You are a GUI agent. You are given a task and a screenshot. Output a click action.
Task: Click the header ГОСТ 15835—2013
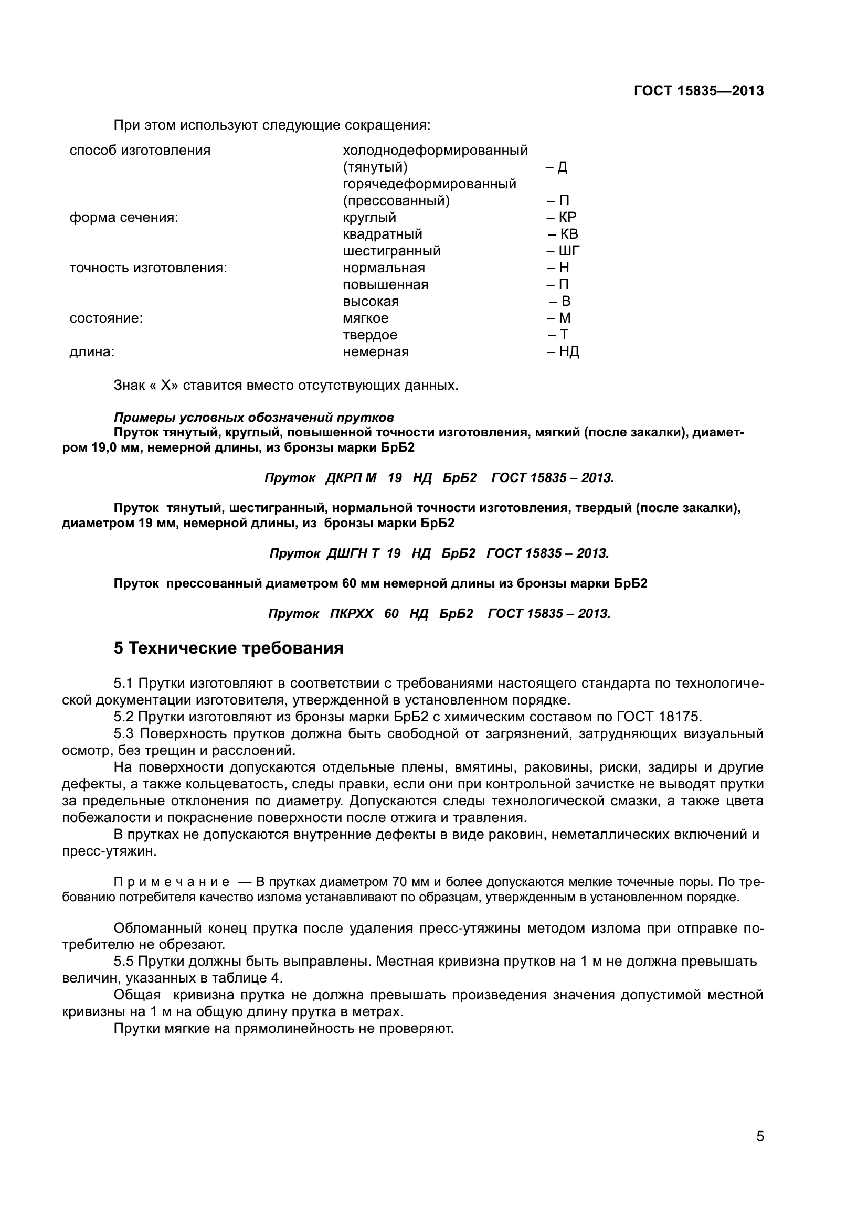click(x=698, y=91)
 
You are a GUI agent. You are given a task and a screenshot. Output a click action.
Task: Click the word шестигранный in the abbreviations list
click(x=391, y=251)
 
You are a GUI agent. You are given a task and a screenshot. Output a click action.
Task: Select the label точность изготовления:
click(x=148, y=268)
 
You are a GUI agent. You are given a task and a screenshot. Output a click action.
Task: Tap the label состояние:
click(x=106, y=318)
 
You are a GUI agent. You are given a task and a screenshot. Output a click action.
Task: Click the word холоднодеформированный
click(x=435, y=150)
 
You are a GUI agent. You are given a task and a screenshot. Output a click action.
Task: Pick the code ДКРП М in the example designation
click(x=351, y=477)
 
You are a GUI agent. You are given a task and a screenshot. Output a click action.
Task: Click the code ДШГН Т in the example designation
click(x=352, y=553)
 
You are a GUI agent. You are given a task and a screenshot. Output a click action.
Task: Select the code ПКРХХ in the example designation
click(x=351, y=614)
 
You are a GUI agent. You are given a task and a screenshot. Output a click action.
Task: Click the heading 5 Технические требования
click(x=228, y=648)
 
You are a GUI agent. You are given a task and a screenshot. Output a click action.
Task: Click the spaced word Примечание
click(x=172, y=882)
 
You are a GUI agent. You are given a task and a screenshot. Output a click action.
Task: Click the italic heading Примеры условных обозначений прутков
click(x=254, y=417)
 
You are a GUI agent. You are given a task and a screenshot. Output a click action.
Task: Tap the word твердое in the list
click(x=370, y=335)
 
